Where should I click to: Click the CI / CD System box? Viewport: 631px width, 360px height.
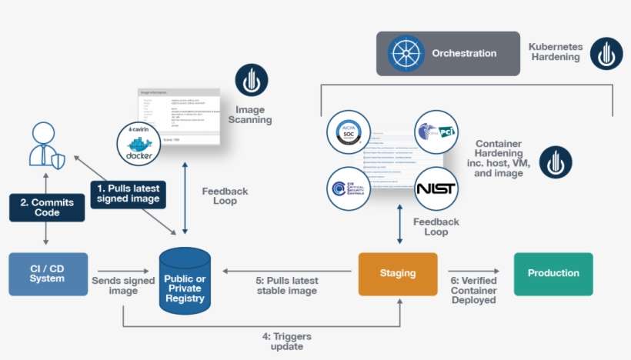tap(48, 274)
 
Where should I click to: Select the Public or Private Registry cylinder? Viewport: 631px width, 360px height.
tap(185, 282)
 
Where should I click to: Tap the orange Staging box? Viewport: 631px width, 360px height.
tap(398, 274)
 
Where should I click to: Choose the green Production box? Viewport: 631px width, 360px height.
tap(553, 274)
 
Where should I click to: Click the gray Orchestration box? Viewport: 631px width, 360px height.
tap(448, 54)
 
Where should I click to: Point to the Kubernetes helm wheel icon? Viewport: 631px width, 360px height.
tap(406, 54)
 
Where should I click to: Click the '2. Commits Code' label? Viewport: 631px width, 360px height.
tap(47, 207)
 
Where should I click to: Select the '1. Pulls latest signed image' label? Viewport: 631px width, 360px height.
tap(129, 192)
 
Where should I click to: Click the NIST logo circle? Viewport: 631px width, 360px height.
tap(436, 188)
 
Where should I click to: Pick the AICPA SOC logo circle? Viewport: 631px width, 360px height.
tap(349, 133)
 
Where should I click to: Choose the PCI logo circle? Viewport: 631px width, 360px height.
tap(436, 133)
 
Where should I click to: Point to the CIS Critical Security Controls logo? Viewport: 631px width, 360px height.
tap(349, 188)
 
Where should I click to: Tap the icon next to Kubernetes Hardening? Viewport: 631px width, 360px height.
tap(606, 54)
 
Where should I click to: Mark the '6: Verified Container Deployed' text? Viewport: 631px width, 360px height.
tap(472, 290)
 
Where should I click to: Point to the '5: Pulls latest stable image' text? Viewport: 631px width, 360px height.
tap(286, 286)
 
